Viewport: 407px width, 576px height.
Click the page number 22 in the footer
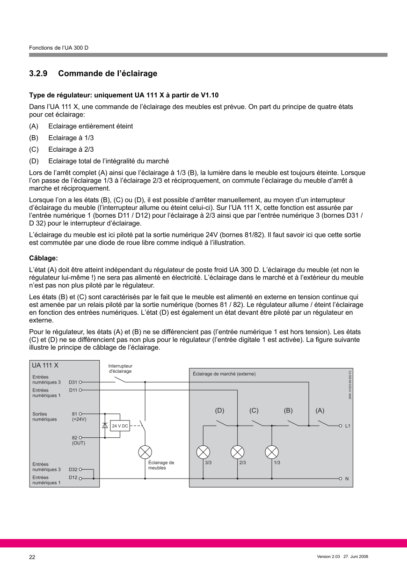tap(32, 557)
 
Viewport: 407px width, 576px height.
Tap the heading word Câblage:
tap(44, 258)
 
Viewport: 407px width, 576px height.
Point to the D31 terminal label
tap(73, 382)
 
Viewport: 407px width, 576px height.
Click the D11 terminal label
tap(73, 390)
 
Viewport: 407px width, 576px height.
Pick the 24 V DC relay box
tap(120, 426)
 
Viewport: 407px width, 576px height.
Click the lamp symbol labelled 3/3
tap(203, 452)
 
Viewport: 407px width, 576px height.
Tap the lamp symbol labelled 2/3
tap(238, 452)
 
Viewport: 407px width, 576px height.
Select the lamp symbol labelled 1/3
tap(272, 452)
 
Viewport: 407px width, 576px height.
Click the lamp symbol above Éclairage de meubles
tap(145, 452)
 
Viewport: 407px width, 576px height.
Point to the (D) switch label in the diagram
tap(219, 411)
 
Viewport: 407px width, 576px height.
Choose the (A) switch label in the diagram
tap(320, 411)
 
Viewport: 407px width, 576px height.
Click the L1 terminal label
tap(348, 426)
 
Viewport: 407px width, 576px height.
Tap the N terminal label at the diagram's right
tap(347, 479)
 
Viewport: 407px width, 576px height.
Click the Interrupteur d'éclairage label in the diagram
tap(120, 369)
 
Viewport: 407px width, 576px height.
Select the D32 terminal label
tap(73, 469)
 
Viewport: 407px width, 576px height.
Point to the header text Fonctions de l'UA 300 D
tap(58, 48)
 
